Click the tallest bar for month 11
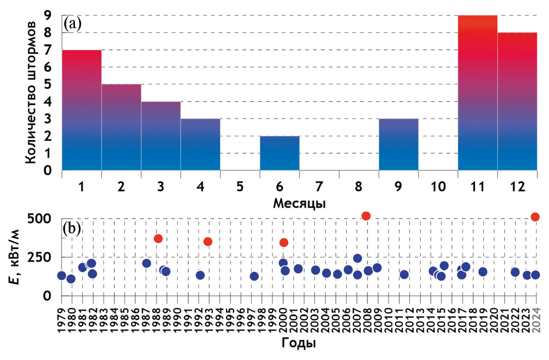[x=477, y=92]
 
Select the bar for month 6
[x=279, y=153]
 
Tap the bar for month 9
[x=398, y=144]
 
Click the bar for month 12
[x=517, y=101]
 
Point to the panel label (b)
[x=72, y=227]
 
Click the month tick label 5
[x=240, y=187]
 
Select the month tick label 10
[x=438, y=187]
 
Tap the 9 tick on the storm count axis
[x=48, y=16]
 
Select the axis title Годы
[x=299, y=344]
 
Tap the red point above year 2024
[x=535, y=217]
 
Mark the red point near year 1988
[x=158, y=238]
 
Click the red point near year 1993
[x=208, y=241]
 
